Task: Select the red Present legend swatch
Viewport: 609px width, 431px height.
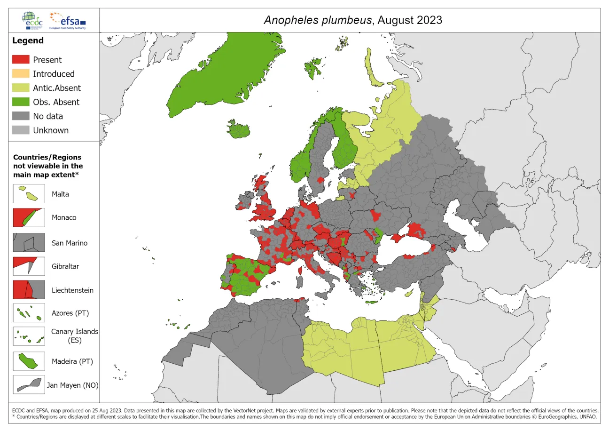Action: pyautogui.click(x=21, y=60)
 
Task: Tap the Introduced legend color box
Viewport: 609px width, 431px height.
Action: pyautogui.click(x=21, y=74)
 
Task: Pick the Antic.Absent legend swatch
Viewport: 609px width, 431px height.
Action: pyautogui.click(x=21, y=88)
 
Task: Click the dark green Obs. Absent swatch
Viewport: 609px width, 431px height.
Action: pyautogui.click(x=21, y=102)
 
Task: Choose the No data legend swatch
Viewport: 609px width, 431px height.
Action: pyautogui.click(x=21, y=116)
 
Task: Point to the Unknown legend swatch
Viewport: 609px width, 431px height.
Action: pyautogui.click(x=21, y=130)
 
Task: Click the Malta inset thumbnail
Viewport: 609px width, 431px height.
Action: pyautogui.click(x=29, y=193)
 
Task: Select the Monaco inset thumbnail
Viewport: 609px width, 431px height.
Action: pyautogui.click(x=29, y=217)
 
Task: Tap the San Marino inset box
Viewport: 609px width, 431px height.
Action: pyautogui.click(x=29, y=243)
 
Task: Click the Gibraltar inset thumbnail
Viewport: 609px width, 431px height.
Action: pyautogui.click(x=29, y=266)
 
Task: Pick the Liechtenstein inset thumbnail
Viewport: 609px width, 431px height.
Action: pyautogui.click(x=29, y=290)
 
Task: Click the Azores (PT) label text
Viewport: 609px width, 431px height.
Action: pyautogui.click(x=70, y=313)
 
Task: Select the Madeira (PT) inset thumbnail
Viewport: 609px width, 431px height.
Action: pyautogui.click(x=29, y=361)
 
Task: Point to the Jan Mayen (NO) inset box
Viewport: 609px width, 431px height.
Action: pyautogui.click(x=29, y=384)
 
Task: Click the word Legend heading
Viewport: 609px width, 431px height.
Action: pyautogui.click(x=28, y=40)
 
